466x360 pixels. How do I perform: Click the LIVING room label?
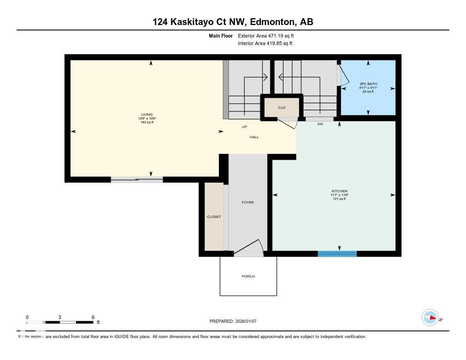pyautogui.click(x=147, y=115)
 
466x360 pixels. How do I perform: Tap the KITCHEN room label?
pyautogui.click(x=339, y=191)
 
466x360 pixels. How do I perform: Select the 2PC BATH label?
pyautogui.click(x=368, y=84)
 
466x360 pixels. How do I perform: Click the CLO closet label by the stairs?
pyautogui.click(x=282, y=108)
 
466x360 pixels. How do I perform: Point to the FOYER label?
pyautogui.click(x=248, y=203)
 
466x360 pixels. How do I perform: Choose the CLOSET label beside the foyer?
pyautogui.click(x=214, y=217)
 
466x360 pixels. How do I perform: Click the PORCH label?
pyautogui.click(x=248, y=277)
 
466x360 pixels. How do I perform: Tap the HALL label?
pyautogui.click(x=254, y=137)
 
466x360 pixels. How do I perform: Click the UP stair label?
pyautogui.click(x=244, y=127)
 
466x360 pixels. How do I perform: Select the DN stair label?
pyautogui.click(x=320, y=124)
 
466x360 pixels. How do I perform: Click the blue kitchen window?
pyautogui.click(x=337, y=254)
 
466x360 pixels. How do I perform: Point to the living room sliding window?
pyautogui.click(x=137, y=180)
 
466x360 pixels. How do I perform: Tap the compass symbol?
pyautogui.click(x=430, y=318)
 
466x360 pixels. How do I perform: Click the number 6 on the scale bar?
pyautogui.click(x=93, y=317)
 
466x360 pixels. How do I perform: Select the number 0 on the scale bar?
pyautogui.click(x=27, y=317)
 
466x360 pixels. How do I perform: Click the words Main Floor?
pyautogui.click(x=221, y=35)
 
